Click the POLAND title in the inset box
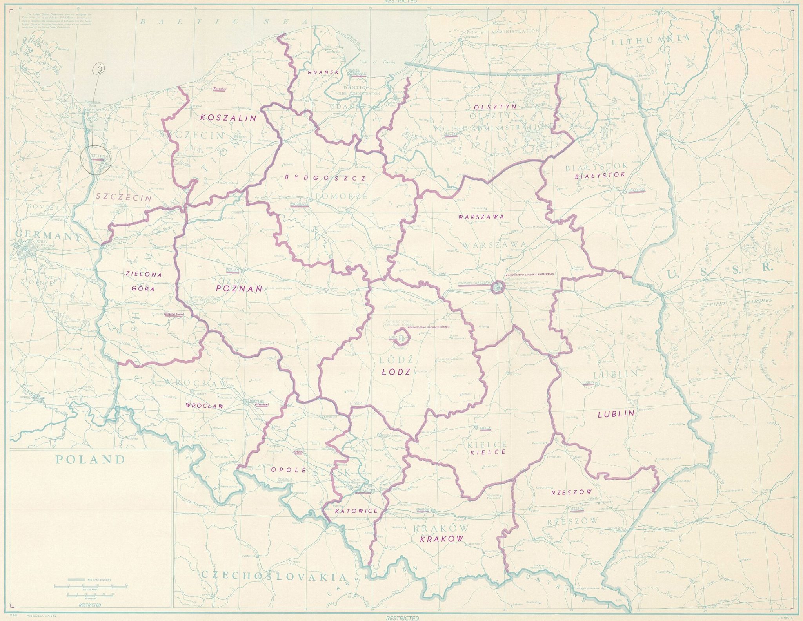click(90, 460)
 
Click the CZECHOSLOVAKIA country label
click(274, 576)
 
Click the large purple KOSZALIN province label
click(228, 118)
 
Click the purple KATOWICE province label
click(356, 511)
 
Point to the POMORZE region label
click(340, 196)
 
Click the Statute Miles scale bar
click(90, 586)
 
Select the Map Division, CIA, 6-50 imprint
click(39, 616)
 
